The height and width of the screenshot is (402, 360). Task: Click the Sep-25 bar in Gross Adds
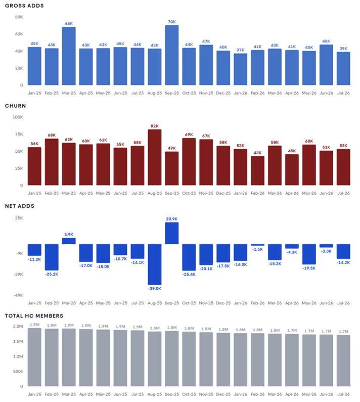click(172, 55)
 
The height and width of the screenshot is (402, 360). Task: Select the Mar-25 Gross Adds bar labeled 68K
click(69, 56)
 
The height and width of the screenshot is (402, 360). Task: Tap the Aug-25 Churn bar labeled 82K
click(155, 157)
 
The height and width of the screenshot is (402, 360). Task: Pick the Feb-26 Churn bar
click(258, 171)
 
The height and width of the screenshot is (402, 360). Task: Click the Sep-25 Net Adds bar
click(172, 233)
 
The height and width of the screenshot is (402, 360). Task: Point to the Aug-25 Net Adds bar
click(155, 264)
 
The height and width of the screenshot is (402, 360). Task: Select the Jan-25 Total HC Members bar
click(34, 357)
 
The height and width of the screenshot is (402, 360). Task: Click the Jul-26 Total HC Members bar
click(343, 361)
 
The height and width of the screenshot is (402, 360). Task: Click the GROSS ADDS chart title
click(24, 6)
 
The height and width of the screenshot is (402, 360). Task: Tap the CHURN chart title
click(15, 106)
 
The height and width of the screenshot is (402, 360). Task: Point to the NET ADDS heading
click(20, 206)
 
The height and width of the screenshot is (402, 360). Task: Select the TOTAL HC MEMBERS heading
click(34, 316)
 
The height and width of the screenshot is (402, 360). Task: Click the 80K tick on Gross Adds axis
click(19, 17)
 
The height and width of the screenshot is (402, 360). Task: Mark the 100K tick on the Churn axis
click(18, 117)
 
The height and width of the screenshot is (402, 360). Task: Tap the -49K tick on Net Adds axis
click(18, 295)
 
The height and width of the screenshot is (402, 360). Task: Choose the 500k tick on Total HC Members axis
click(18, 371)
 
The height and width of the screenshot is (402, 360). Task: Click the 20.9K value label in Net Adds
click(172, 219)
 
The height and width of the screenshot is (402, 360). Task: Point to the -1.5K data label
click(258, 249)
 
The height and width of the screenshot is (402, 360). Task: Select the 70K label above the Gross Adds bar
click(172, 22)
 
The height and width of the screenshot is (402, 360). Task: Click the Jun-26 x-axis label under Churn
click(326, 193)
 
